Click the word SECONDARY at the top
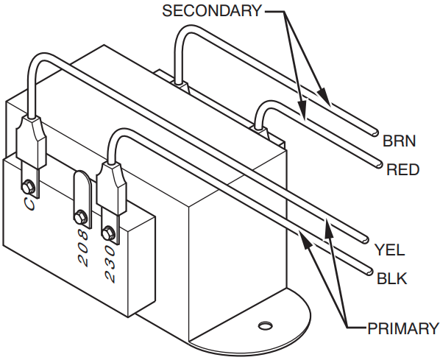click(x=211, y=10)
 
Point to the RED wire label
click(x=402, y=170)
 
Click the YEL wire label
click(x=389, y=249)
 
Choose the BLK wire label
click(x=391, y=278)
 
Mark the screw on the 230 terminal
click(x=110, y=233)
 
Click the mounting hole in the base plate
click(x=264, y=324)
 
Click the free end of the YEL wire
click(x=366, y=239)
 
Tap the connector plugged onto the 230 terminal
click(x=110, y=188)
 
